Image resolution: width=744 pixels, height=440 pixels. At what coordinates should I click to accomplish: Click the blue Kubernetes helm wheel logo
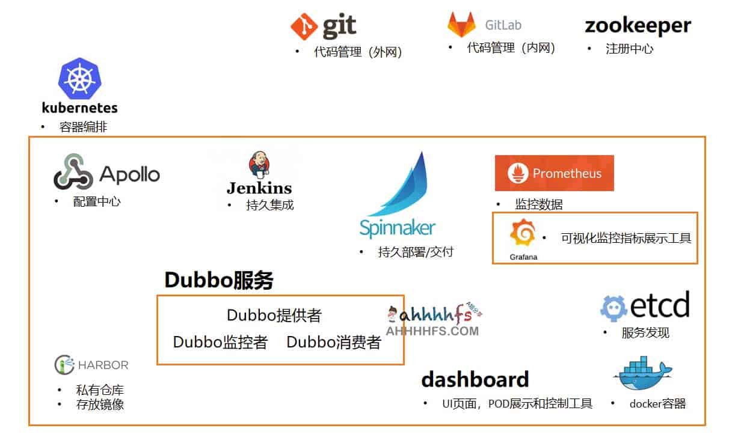pyautogui.click(x=79, y=79)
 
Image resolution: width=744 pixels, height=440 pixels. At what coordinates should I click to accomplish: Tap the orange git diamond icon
pyautogui.click(x=304, y=27)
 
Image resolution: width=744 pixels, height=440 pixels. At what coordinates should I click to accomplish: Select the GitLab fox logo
pyautogui.click(x=461, y=25)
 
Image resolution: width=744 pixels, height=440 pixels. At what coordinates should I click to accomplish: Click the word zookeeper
pyautogui.click(x=638, y=25)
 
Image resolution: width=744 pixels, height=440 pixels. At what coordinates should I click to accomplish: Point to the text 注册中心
pyautogui.click(x=629, y=49)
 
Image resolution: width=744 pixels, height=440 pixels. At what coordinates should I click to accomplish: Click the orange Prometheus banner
pyautogui.click(x=554, y=173)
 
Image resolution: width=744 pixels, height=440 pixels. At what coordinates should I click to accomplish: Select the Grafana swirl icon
pyautogui.click(x=522, y=234)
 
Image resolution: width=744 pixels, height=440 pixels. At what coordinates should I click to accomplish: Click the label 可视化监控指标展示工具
pyautogui.click(x=626, y=238)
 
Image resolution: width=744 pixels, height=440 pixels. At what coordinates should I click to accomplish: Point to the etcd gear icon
pyautogui.click(x=614, y=308)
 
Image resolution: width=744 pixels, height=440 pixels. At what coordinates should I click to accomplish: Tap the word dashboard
pyautogui.click(x=475, y=379)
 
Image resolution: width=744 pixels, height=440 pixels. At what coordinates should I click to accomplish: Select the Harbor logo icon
pyautogui.click(x=64, y=364)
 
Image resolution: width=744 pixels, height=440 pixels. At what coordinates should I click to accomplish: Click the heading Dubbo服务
pyautogui.click(x=219, y=280)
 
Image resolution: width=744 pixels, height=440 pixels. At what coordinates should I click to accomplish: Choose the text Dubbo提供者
pyautogui.click(x=274, y=315)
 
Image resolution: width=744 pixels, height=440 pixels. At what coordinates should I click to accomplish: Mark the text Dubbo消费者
pyautogui.click(x=333, y=342)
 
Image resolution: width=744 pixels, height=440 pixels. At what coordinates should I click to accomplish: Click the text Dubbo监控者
pyautogui.click(x=220, y=342)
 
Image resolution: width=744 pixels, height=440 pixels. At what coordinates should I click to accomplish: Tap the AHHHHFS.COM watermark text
pyautogui.click(x=432, y=331)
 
